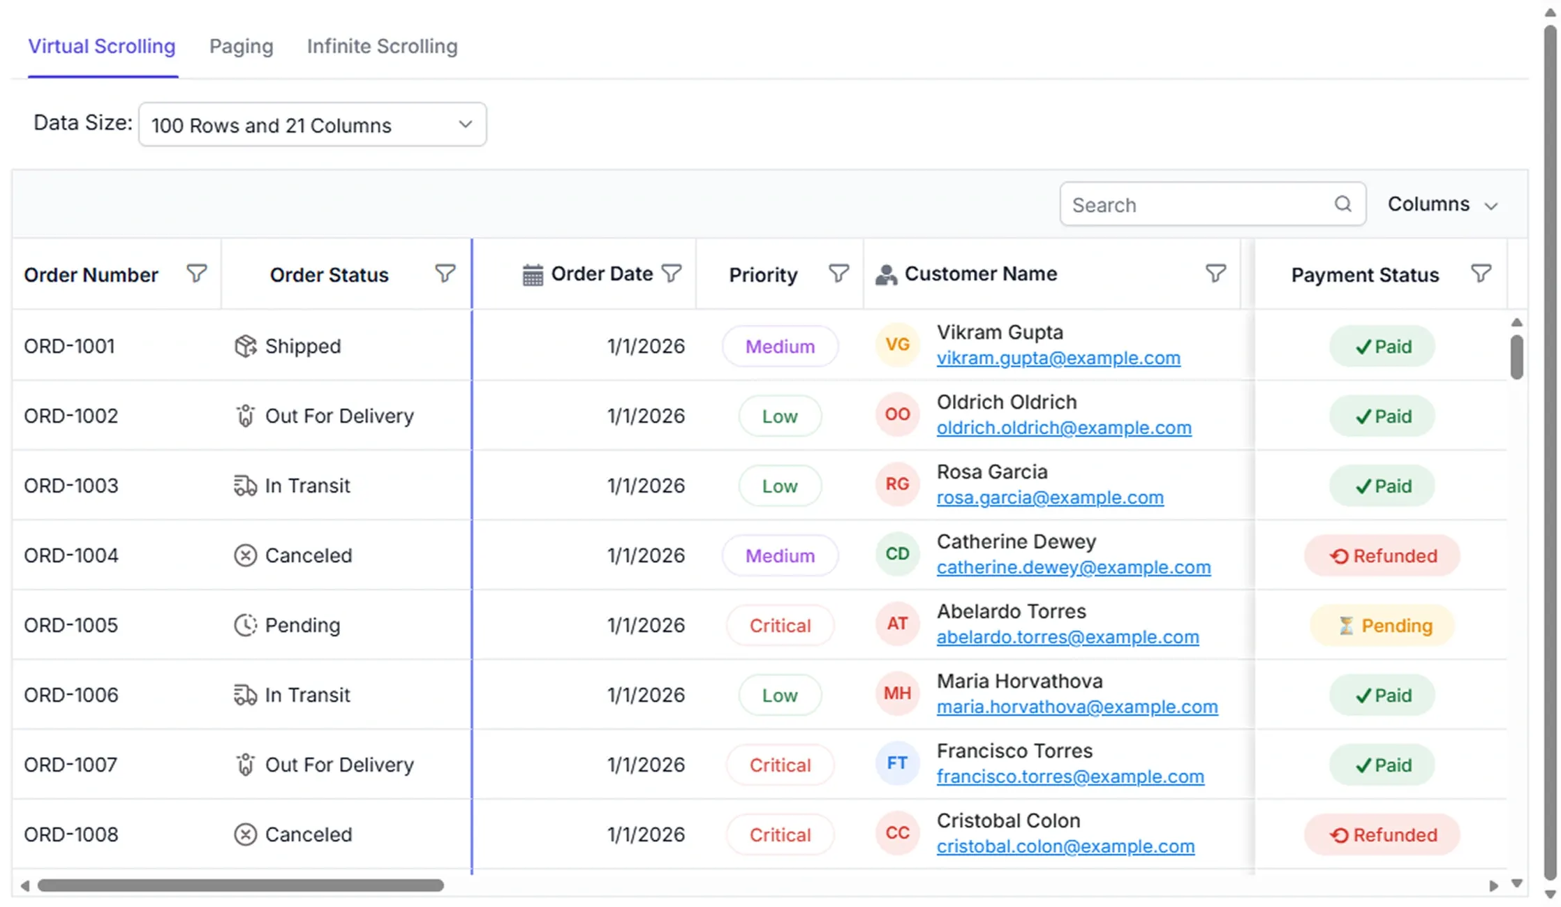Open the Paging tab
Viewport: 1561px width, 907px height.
pos(242,46)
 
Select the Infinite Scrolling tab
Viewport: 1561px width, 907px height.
pos(382,46)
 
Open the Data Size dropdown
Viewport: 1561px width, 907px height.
pos(313,125)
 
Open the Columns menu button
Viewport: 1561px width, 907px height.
pos(1442,204)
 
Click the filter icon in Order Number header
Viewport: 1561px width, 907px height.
pos(197,273)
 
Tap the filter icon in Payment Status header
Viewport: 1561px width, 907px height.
pos(1481,273)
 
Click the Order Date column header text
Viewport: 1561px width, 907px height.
pos(602,273)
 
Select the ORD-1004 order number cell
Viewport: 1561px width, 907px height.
pos(71,555)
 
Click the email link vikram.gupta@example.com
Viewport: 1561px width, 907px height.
pos(1058,358)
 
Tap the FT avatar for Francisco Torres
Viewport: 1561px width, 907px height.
pos(897,763)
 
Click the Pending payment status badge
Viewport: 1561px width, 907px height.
pos(1382,625)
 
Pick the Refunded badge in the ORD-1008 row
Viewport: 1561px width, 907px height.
pos(1382,834)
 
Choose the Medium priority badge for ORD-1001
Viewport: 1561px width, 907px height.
pos(780,346)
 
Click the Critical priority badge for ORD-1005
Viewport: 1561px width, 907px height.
pos(780,625)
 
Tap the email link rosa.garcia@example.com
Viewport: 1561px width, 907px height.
pos(1050,497)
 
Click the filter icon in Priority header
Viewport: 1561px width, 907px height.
pos(839,273)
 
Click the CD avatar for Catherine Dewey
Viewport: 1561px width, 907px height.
pos(897,554)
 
